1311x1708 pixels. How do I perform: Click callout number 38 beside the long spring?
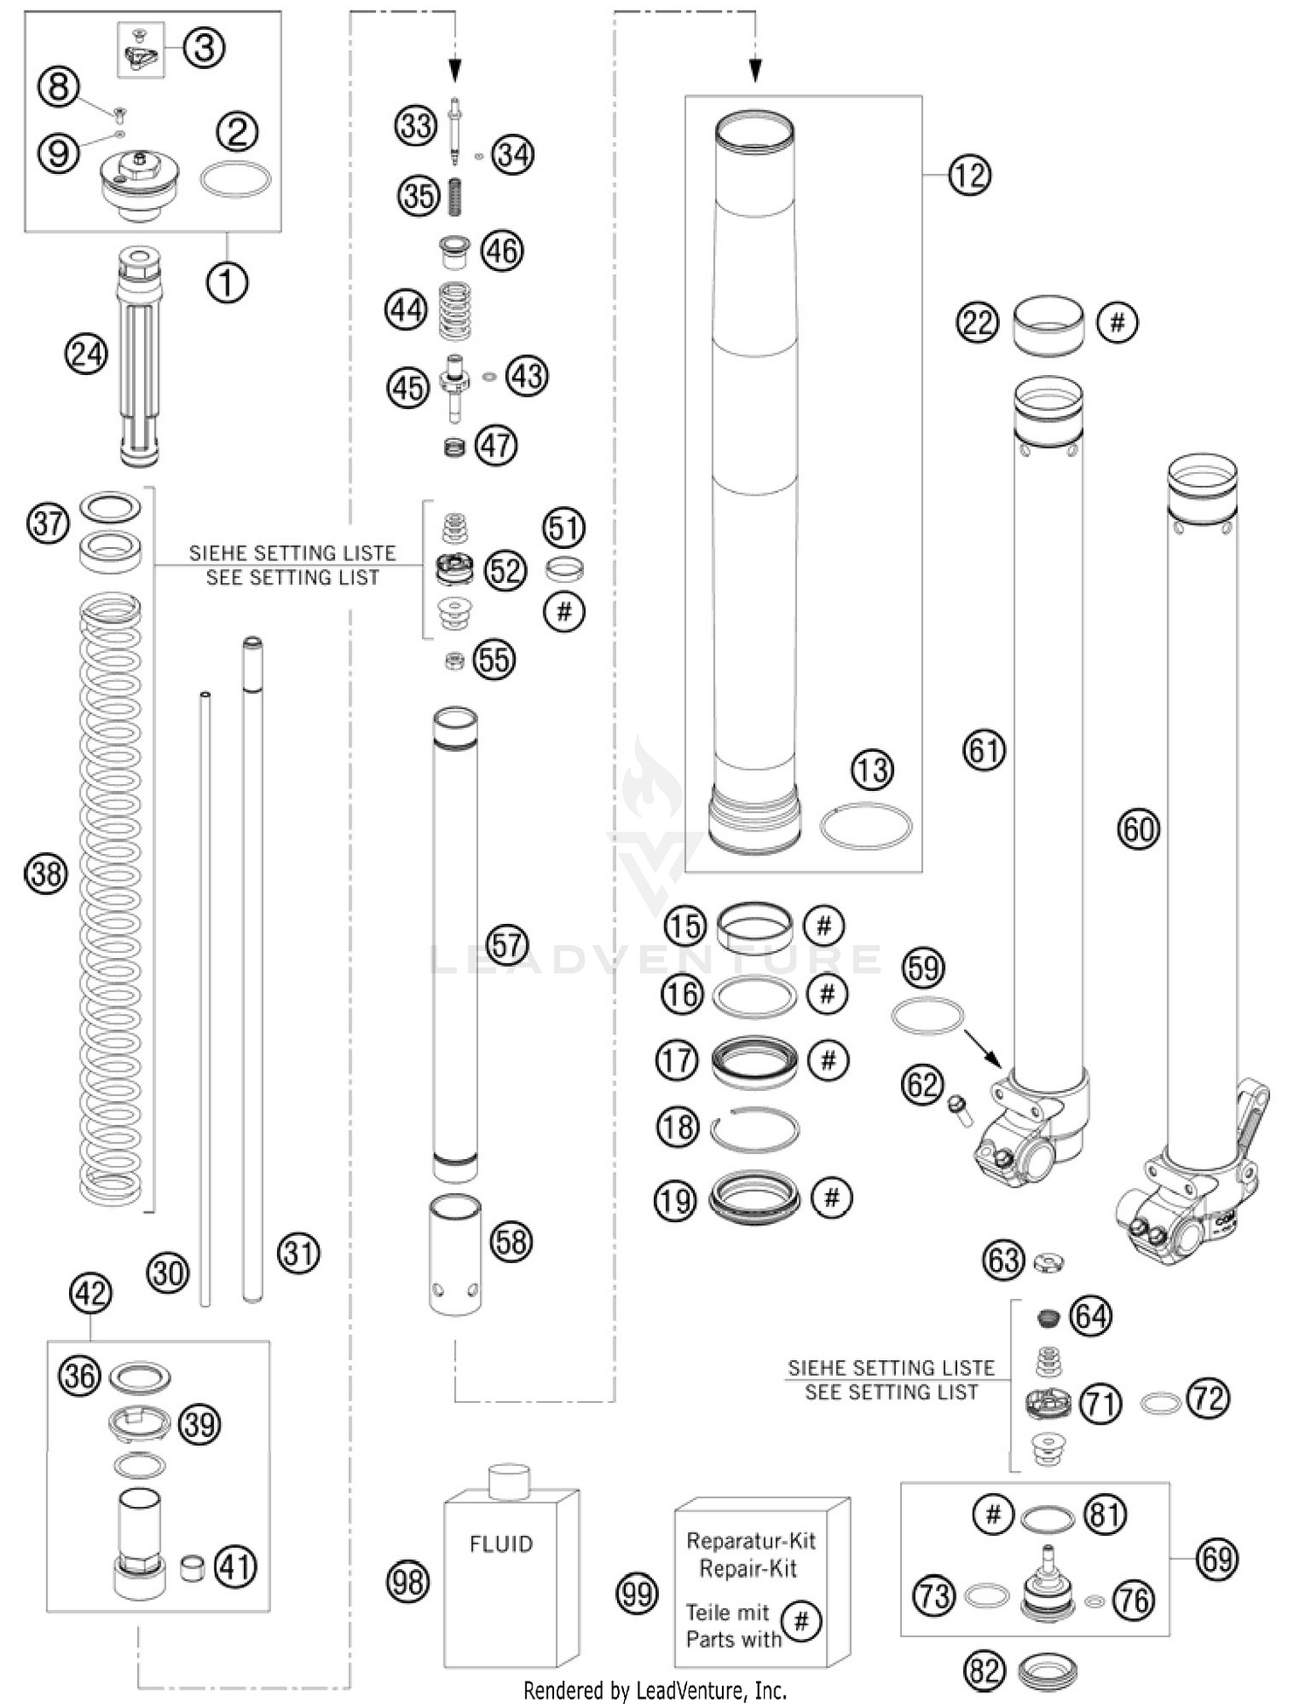coord(46,873)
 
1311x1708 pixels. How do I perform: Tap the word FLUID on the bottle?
coord(501,1545)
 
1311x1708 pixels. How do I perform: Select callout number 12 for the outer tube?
coord(969,176)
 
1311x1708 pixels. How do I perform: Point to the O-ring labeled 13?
coord(865,825)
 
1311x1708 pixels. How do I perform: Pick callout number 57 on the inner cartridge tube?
coord(507,945)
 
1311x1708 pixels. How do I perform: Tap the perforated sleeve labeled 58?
coord(454,1255)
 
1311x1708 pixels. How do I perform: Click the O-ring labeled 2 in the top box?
coord(235,180)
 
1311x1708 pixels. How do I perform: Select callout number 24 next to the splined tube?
coord(86,355)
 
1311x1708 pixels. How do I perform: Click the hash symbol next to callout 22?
coord(1117,323)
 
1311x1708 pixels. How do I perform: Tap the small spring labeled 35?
coord(454,197)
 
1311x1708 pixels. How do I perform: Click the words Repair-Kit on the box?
coord(748,1568)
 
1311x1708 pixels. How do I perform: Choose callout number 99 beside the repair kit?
coord(636,1593)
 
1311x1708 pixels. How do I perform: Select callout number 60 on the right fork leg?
coord(1139,829)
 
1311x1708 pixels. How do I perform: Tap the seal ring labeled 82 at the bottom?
coord(1048,1672)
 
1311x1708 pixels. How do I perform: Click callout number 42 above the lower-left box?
coord(90,1294)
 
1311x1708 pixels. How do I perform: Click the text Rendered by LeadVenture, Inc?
coord(655,1691)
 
